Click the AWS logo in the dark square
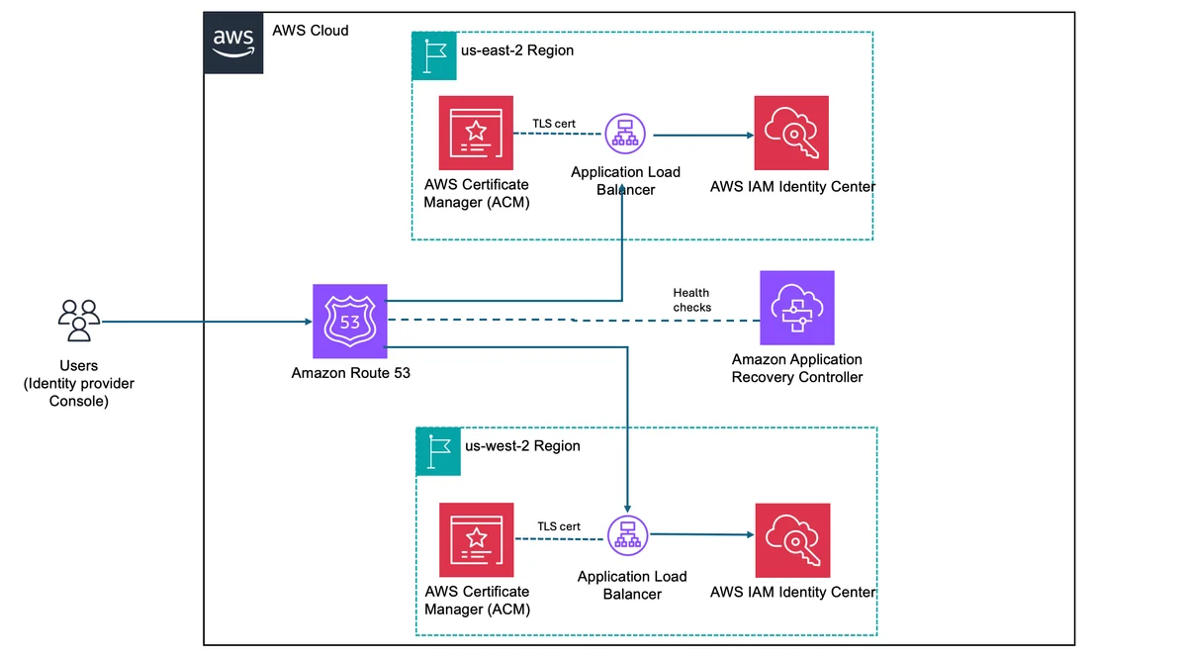[x=233, y=43]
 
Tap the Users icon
[x=79, y=321]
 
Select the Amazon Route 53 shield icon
[x=350, y=322]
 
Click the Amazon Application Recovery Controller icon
[x=797, y=308]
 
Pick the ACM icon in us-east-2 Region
[x=476, y=133]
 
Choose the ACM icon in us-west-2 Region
[x=477, y=539]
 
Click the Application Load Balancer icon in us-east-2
[x=625, y=134]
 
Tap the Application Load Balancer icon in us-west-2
[x=627, y=535]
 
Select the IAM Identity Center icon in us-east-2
[x=791, y=133]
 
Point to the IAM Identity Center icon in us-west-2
[x=792, y=540]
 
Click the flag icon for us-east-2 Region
[x=434, y=55]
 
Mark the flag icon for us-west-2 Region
[x=438, y=451]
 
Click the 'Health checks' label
[x=692, y=300]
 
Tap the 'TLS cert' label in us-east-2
[x=554, y=124]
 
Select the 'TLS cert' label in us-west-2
[x=559, y=526]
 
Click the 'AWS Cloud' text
[x=311, y=31]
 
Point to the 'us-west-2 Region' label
[x=522, y=446]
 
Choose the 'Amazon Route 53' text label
[x=351, y=373]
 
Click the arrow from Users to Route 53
[x=207, y=322]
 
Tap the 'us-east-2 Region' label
[x=517, y=50]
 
